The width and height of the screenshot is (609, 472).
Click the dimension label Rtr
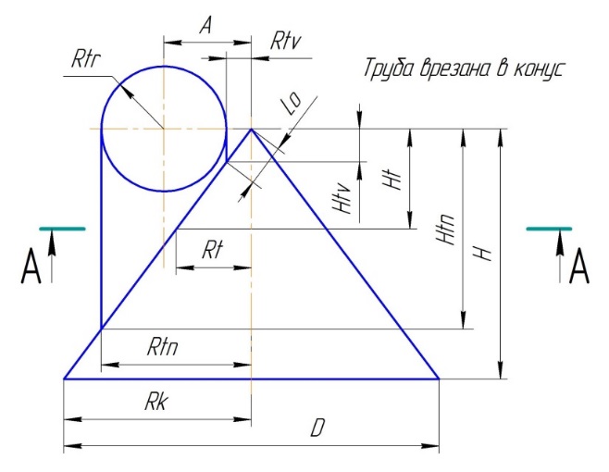coord(84,61)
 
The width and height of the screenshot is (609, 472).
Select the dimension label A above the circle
coord(206,27)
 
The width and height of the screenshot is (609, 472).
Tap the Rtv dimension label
coord(283,42)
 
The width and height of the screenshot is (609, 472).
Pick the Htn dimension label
coord(446,229)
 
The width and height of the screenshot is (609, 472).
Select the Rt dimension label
coord(212,250)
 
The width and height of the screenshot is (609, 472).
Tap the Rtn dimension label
coord(163,347)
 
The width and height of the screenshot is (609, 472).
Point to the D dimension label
coord(317,429)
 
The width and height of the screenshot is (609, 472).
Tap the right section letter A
coord(579,268)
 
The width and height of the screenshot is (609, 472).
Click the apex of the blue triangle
coord(251,129)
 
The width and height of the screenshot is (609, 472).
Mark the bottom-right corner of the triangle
coord(439,379)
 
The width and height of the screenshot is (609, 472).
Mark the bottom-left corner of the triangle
coord(64,379)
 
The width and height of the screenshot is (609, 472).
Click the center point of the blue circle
coord(164,129)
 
